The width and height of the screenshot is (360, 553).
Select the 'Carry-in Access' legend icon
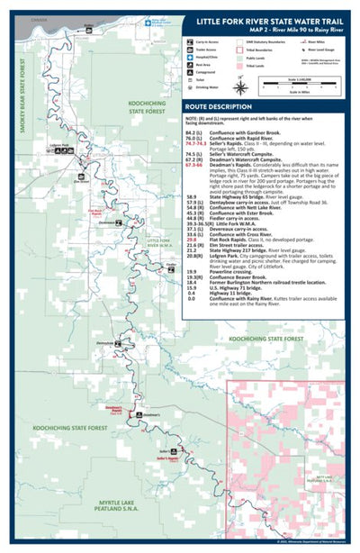click(x=192, y=41)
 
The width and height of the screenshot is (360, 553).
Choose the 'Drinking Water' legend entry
click(x=208, y=89)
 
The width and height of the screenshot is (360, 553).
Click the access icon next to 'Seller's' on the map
click(x=177, y=449)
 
